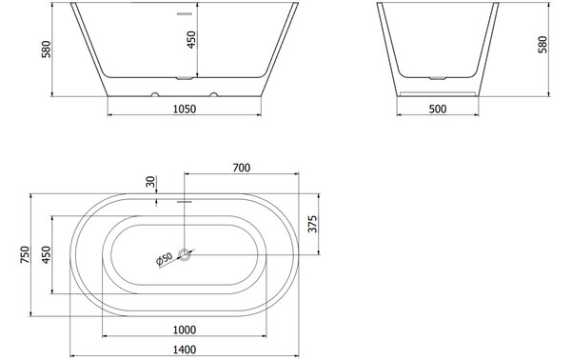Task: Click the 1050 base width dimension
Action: point(185,109)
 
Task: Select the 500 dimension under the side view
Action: point(438,109)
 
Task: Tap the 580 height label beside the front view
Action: point(47,50)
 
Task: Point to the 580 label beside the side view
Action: point(542,45)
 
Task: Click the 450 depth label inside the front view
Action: point(191,39)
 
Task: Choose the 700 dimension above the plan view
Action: point(242,168)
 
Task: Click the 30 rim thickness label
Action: point(150,181)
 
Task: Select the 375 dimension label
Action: point(312,224)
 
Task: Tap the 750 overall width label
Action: point(25,254)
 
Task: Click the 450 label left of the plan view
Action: point(47,254)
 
